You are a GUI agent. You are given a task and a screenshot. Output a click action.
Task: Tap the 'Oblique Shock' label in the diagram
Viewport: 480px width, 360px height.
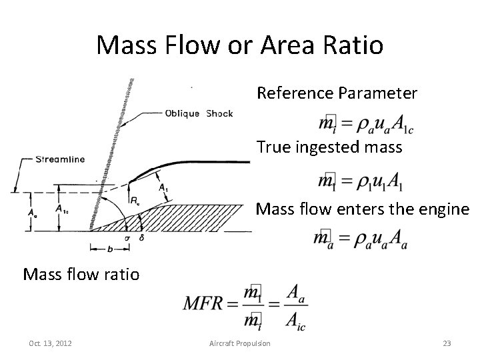[x=199, y=113]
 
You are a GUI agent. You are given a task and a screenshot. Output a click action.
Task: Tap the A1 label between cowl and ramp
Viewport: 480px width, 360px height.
[x=163, y=189]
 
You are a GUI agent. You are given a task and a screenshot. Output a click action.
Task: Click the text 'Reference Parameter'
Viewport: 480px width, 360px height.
[x=337, y=93]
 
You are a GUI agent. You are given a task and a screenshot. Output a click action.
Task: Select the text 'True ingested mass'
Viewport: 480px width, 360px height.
[x=329, y=147]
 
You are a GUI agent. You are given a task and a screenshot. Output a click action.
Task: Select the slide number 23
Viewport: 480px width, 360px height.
[x=447, y=343]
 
